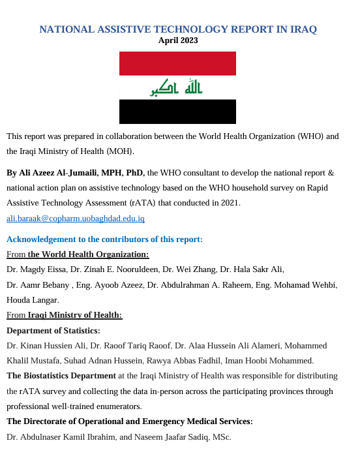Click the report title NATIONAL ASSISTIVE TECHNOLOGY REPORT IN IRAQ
[178, 29]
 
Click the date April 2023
[178, 40]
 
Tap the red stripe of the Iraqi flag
[177, 63]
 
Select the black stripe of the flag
[177, 112]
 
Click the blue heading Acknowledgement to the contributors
[104, 239]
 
